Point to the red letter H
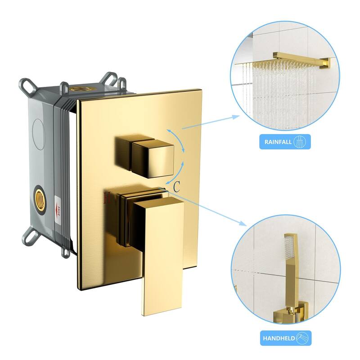pos(107,197)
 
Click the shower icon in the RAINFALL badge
pos(299,143)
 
